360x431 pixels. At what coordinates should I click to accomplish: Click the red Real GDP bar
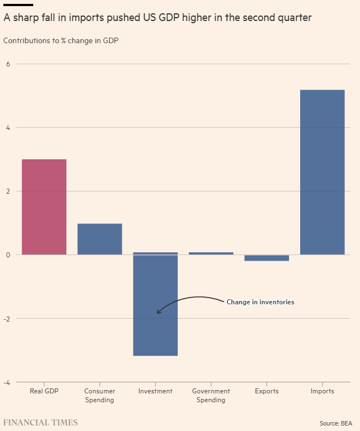tap(44, 207)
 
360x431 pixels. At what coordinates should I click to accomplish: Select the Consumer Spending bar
tap(100, 239)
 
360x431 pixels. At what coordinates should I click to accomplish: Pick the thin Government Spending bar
tap(211, 253)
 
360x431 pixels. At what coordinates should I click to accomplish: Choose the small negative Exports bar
tap(267, 258)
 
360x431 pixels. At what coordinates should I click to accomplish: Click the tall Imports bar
tap(322, 172)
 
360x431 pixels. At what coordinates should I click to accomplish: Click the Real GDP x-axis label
tap(44, 391)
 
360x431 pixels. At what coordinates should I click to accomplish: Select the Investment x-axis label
tap(156, 391)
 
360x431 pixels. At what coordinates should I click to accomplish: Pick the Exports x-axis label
tap(267, 391)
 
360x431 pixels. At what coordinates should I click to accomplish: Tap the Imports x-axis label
tap(322, 391)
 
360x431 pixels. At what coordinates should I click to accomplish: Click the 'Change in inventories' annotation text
tap(260, 302)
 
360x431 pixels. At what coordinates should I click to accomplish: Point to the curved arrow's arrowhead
tap(158, 312)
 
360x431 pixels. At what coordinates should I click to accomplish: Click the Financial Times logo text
tap(40, 423)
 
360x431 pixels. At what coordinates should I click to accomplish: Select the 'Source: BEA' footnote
tap(337, 423)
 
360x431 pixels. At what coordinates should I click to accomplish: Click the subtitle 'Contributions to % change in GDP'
tap(61, 40)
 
